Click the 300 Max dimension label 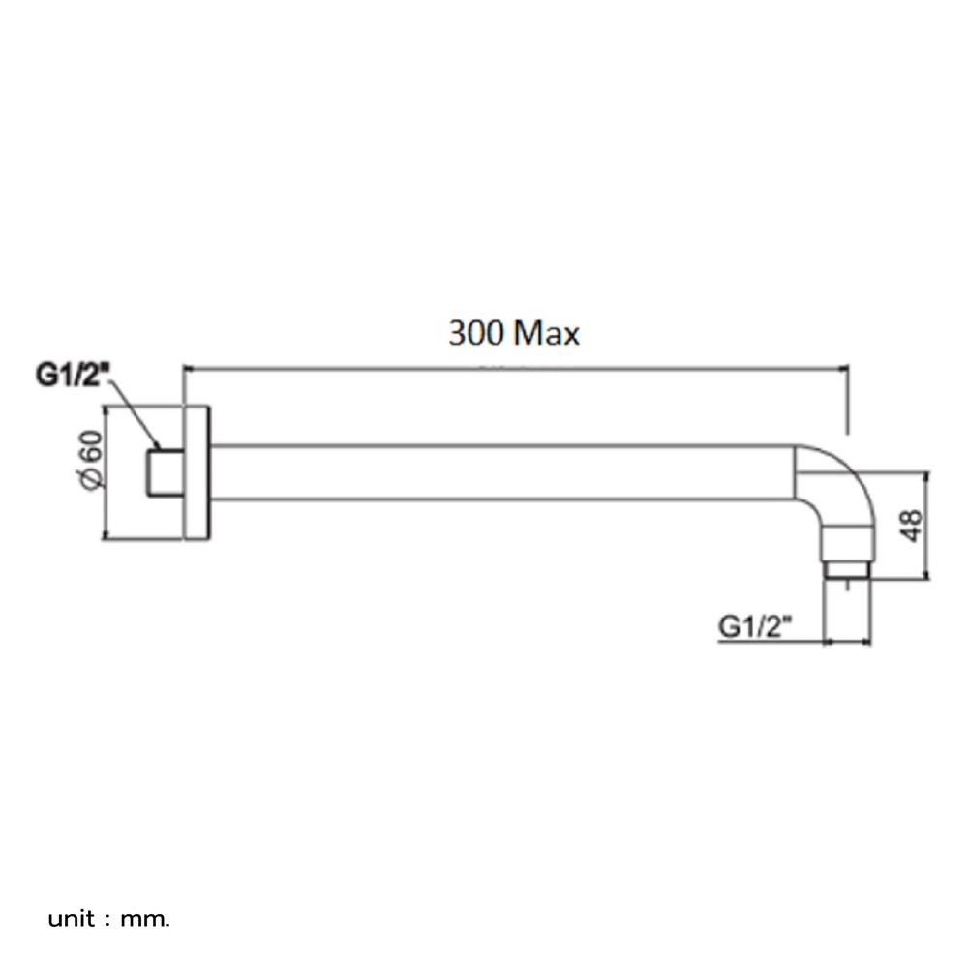pyautogui.click(x=513, y=334)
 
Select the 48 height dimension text pyautogui.click(x=911, y=526)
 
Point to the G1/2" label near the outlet pyautogui.click(x=755, y=626)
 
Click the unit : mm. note pyautogui.click(x=108, y=918)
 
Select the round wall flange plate pyautogui.click(x=197, y=471)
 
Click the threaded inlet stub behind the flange pyautogui.click(x=166, y=472)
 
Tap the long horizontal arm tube pyautogui.click(x=503, y=472)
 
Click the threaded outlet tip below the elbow pyautogui.click(x=847, y=569)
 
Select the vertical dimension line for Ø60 pyautogui.click(x=104, y=471)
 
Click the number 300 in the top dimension pyautogui.click(x=475, y=334)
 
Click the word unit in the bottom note pyautogui.click(x=72, y=918)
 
